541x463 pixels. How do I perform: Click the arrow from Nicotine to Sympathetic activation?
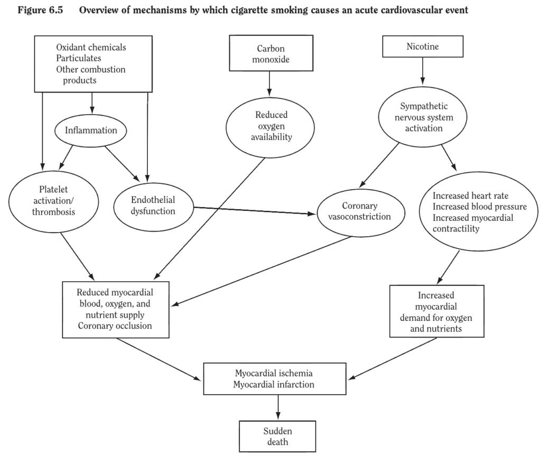click(x=423, y=71)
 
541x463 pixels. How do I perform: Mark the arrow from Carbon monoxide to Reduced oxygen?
click(x=269, y=84)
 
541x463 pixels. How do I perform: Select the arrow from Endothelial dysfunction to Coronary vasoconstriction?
click(x=255, y=210)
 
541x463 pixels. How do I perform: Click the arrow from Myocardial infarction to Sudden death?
click(x=278, y=408)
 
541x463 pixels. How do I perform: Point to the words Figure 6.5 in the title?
click(x=40, y=10)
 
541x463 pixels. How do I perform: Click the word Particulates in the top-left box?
click(x=79, y=58)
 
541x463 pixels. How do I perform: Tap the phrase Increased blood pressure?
click(x=480, y=207)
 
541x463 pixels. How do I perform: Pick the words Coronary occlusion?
click(x=115, y=326)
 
